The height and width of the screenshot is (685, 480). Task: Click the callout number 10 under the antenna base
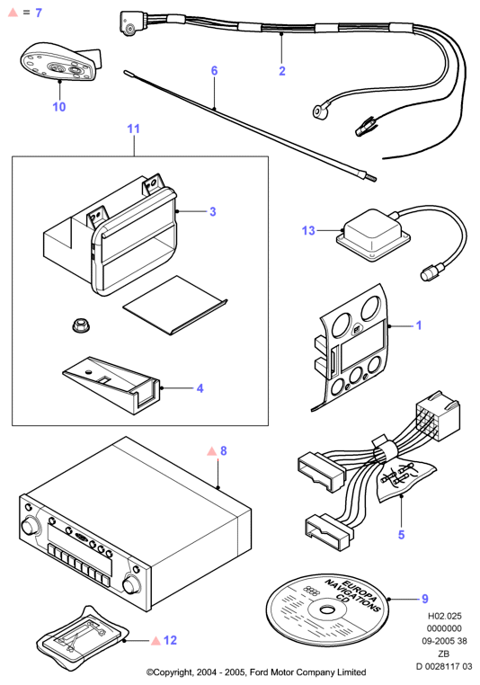[59, 107]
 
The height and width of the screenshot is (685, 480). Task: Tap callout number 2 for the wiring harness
[282, 71]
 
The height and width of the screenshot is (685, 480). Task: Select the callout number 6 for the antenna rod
[214, 70]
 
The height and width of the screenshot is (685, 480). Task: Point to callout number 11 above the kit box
[133, 129]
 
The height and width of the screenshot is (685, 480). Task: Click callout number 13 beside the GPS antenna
[308, 230]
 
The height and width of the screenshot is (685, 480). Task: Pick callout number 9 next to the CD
[425, 599]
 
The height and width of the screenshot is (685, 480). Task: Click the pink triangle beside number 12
[156, 641]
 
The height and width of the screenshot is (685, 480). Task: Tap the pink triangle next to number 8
[212, 451]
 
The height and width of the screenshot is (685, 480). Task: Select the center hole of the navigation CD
[326, 610]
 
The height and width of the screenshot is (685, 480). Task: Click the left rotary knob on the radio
[29, 527]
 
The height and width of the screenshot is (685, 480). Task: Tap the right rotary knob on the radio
[131, 583]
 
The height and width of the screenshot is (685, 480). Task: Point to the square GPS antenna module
[372, 236]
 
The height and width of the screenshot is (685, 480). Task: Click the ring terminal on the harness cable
[318, 111]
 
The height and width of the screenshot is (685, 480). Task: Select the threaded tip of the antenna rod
[371, 178]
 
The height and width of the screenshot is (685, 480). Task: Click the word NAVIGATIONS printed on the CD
[352, 595]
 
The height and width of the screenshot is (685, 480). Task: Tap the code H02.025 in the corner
[444, 616]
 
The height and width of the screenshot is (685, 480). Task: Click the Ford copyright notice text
[256, 672]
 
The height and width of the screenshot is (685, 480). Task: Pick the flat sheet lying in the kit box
[174, 305]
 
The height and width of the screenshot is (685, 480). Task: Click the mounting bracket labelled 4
[111, 383]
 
